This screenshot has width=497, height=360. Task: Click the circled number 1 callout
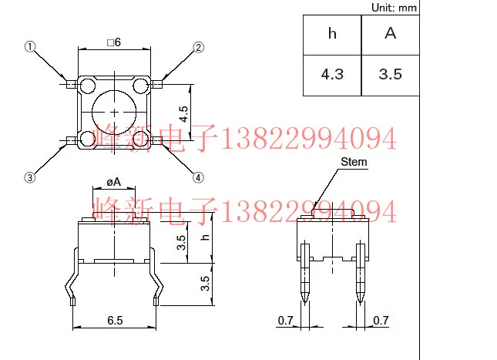tap(31, 47)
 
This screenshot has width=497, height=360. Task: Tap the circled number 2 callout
tap(198, 47)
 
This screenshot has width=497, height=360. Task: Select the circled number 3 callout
tap(31, 177)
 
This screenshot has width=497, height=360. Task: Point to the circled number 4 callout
tap(198, 177)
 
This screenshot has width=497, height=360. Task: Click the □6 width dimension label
tap(114, 42)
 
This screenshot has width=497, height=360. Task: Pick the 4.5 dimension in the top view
tap(183, 114)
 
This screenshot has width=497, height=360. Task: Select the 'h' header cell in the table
tap(332, 34)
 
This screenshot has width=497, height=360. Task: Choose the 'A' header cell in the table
tap(391, 34)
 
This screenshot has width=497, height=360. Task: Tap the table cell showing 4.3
tap(332, 75)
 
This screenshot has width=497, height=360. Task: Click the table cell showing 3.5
tap(391, 75)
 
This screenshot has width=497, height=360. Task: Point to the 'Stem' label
tap(354, 162)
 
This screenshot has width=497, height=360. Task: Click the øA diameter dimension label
tap(114, 183)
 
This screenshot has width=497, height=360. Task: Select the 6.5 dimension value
tap(115, 318)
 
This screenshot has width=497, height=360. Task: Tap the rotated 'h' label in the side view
tap(205, 237)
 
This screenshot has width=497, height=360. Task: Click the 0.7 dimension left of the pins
tap(284, 319)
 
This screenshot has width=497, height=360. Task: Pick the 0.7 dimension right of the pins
tap(381, 319)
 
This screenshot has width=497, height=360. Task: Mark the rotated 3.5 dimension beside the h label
tap(182, 243)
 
